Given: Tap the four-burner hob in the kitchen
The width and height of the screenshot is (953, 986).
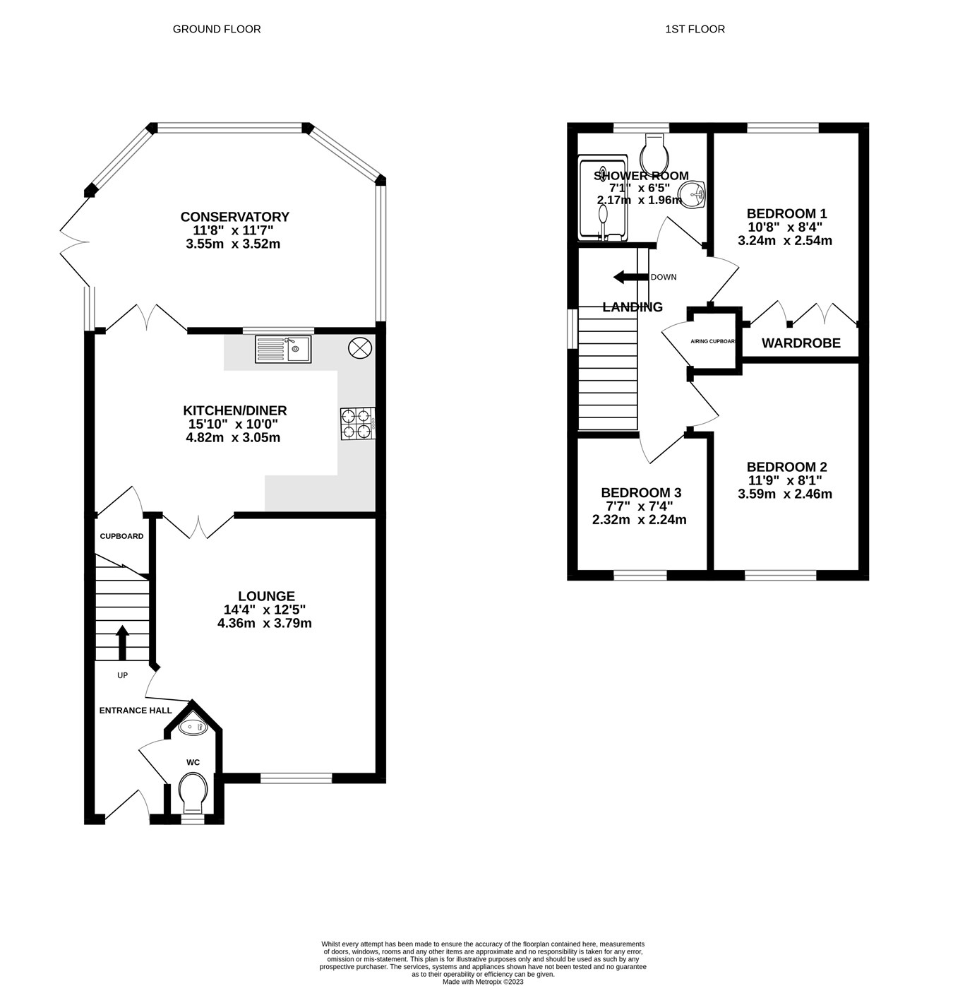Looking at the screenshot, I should (x=356, y=423).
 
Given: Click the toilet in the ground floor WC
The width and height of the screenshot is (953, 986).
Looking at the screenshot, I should (x=193, y=793).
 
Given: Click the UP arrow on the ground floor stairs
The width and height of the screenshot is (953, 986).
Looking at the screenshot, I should (x=122, y=641).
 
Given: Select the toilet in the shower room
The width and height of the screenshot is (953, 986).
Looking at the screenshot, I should (x=655, y=150).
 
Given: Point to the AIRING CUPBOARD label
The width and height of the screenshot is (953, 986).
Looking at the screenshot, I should (x=714, y=341).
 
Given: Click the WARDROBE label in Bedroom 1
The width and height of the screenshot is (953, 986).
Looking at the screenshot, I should (x=801, y=343).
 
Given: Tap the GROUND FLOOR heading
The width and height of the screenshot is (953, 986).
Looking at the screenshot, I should (x=217, y=29).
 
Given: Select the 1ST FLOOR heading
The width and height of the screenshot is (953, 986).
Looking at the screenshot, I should (x=695, y=29).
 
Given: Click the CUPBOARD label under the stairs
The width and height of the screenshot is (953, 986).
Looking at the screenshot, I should (x=121, y=536).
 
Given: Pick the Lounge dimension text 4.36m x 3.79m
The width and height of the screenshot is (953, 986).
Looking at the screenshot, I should (x=265, y=623).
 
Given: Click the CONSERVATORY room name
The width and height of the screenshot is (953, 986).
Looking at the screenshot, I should (x=234, y=217).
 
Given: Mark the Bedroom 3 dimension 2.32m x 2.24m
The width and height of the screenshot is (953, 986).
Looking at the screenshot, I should (x=639, y=520).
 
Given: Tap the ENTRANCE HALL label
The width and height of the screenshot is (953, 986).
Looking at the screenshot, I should (x=135, y=711).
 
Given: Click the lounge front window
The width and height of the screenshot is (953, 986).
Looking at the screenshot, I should (x=296, y=778).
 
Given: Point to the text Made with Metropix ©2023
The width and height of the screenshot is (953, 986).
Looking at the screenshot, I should (x=483, y=982).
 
